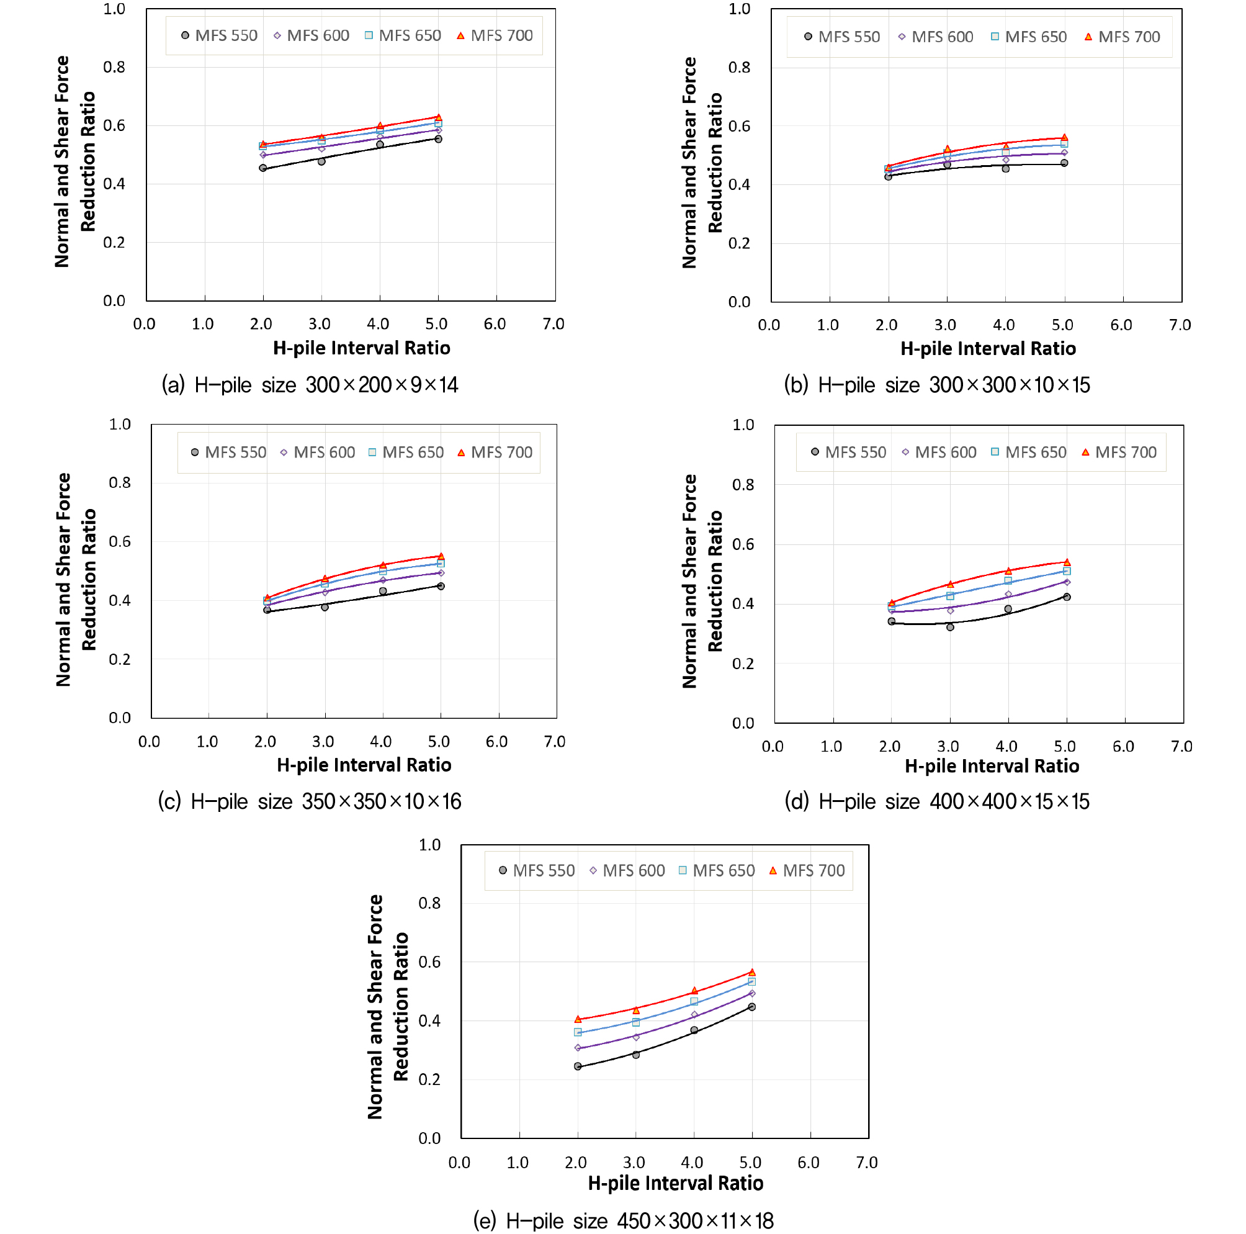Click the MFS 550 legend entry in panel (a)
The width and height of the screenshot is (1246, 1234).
coord(219,35)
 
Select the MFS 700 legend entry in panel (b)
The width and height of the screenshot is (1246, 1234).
coord(1122,37)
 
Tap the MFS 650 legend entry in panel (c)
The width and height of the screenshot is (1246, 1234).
coord(406,452)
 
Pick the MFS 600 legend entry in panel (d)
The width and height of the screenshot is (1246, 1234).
coord(939,452)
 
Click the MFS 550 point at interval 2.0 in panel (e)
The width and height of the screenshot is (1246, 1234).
coord(578,1066)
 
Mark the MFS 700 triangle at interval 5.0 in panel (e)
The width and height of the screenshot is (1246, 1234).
coord(752,972)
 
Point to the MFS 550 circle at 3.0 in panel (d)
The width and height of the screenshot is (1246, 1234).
coord(950,627)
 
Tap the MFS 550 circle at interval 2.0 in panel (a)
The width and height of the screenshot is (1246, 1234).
coord(263,168)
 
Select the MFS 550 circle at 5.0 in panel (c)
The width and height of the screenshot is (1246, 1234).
coord(441,586)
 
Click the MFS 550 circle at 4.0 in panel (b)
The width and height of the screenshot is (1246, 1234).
coord(1005,169)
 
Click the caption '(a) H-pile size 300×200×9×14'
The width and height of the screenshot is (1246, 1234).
coord(310,385)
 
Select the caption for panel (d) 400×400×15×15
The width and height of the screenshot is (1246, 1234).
coord(936,802)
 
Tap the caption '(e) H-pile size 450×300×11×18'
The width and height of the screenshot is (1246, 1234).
coord(623,1220)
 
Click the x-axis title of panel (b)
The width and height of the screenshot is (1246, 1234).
coord(988,349)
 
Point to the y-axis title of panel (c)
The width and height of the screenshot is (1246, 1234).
coord(76,579)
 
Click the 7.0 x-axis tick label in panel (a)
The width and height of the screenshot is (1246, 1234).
coord(554,324)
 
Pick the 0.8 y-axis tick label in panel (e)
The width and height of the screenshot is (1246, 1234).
coord(429,903)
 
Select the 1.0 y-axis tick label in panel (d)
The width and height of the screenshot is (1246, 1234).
coord(743,425)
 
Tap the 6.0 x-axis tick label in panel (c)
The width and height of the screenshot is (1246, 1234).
coord(496,742)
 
